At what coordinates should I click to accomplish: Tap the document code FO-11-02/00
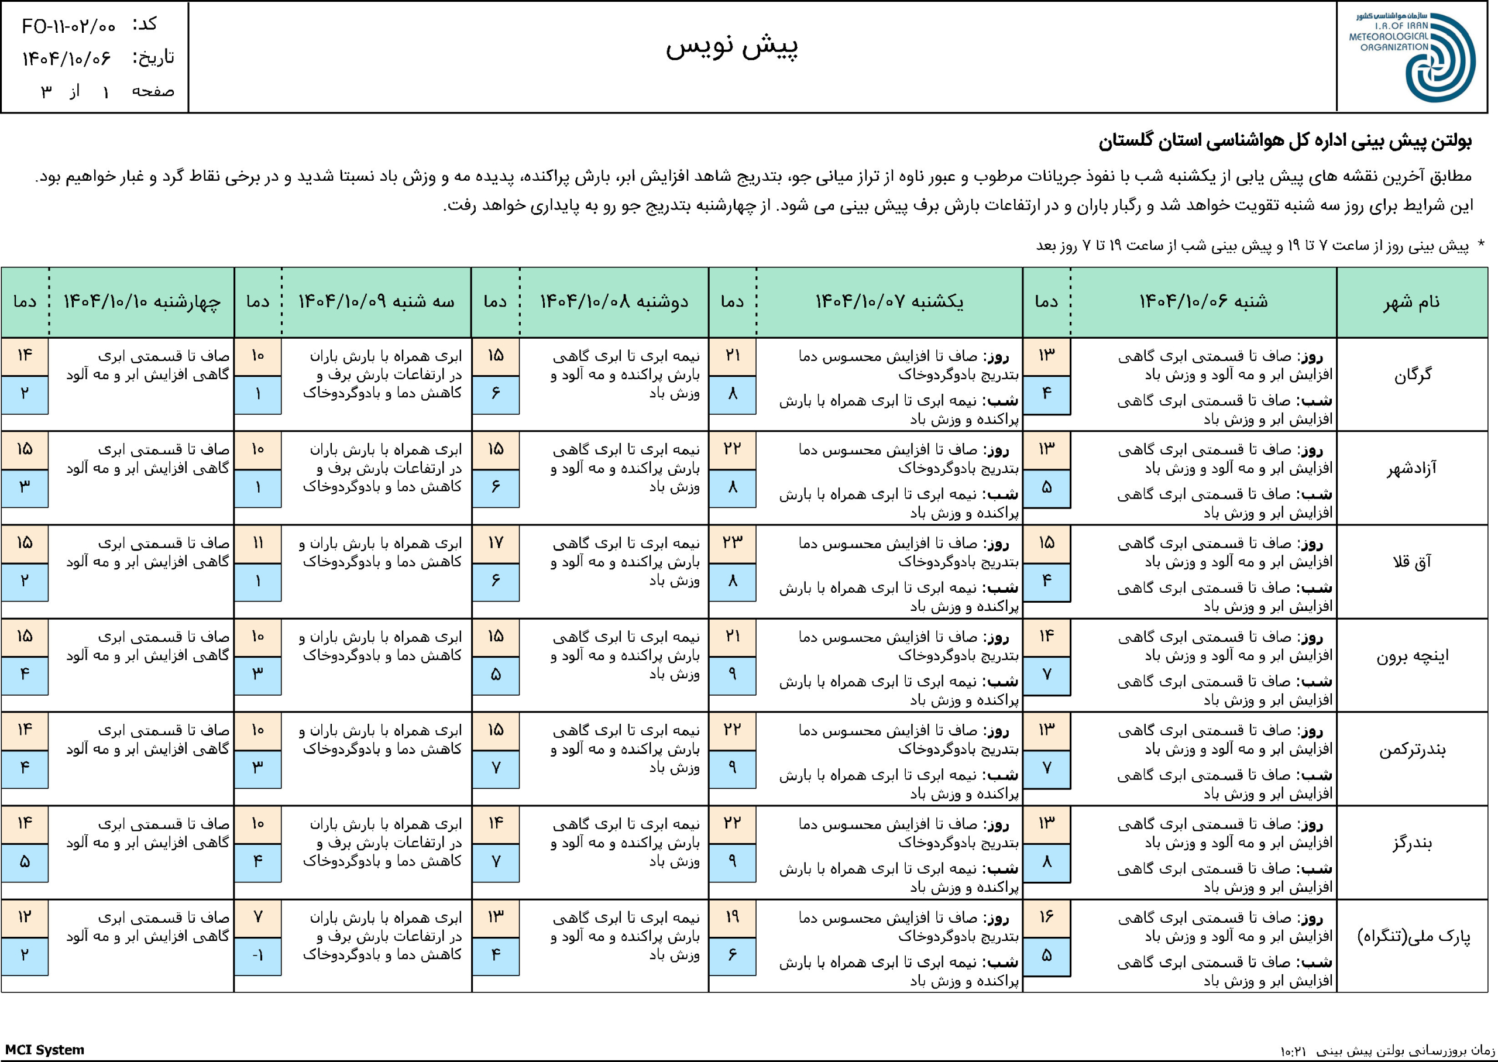click(x=68, y=26)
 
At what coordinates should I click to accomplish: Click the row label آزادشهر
click(x=1413, y=469)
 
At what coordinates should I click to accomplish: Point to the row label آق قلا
click(x=1413, y=562)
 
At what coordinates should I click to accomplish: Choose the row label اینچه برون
click(x=1413, y=656)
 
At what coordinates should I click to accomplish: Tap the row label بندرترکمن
click(x=1413, y=750)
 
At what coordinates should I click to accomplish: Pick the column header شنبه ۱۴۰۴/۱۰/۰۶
click(x=1203, y=301)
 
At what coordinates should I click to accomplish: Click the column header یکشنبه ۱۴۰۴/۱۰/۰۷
click(x=889, y=301)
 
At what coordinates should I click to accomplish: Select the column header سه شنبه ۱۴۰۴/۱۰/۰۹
click(x=376, y=301)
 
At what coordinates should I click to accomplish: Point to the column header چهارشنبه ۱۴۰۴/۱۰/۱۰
click(x=141, y=301)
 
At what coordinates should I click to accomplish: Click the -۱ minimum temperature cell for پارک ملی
click(x=257, y=956)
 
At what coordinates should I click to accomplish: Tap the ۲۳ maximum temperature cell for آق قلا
click(x=733, y=544)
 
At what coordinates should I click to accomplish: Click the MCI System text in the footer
click(x=44, y=1050)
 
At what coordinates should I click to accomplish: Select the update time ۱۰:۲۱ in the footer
click(x=1293, y=1051)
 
